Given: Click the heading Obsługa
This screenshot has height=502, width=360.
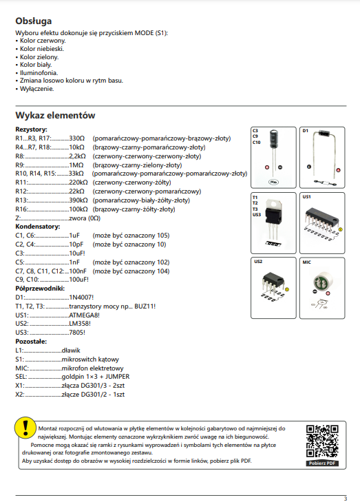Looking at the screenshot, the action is [34, 21].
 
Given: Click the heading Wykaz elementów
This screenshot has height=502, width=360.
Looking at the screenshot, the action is [55, 115].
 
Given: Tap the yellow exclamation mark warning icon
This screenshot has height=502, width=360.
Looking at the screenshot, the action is [25, 428].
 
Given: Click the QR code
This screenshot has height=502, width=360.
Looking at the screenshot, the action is [322, 441].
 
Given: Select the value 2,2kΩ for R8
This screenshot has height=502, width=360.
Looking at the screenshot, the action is [78, 156].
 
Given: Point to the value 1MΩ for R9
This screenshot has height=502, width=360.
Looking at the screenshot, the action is [76, 165].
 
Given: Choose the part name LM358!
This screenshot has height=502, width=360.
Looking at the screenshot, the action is [80, 324].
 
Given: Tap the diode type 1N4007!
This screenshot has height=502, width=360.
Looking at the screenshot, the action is [81, 297].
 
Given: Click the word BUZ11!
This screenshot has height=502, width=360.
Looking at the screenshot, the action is [145, 306].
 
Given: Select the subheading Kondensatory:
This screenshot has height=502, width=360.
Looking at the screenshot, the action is [38, 227].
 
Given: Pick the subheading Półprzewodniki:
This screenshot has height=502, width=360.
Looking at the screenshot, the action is [40, 289].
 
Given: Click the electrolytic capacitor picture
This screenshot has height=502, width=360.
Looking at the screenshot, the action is [274, 139].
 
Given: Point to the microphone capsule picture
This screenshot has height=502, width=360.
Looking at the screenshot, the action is [323, 282].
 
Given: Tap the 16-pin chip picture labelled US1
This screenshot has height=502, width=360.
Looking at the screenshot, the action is [322, 219].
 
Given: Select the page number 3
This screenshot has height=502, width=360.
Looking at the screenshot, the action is [346, 499].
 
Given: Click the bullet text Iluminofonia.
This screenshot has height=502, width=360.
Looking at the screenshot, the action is [39, 73].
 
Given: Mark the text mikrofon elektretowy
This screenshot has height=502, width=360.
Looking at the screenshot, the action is [92, 368].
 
